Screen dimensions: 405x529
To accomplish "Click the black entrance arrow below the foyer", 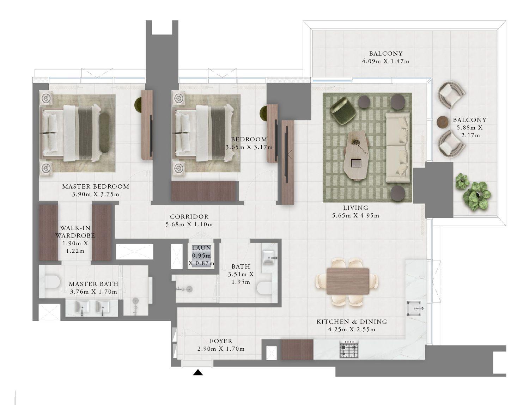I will coord(198,373).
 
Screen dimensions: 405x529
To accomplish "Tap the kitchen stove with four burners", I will coord(349,349).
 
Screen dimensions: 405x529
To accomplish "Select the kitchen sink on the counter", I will coord(415,309).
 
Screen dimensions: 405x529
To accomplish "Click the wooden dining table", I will coord(348,281).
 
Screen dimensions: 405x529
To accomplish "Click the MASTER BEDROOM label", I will coord(96,186).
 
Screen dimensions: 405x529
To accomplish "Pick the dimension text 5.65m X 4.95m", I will coord(355,216).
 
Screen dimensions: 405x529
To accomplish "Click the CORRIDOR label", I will coord(189,217).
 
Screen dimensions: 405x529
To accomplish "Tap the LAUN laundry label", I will coord(201,248).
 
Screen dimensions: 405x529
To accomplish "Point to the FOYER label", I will coord(221,341).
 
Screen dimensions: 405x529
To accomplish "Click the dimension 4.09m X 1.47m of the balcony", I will coord(385,61).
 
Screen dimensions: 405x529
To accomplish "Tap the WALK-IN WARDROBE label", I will coord(75,232).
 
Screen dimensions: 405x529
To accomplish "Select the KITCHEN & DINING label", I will coord(352,321).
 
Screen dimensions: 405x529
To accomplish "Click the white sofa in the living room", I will coord(397,147).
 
